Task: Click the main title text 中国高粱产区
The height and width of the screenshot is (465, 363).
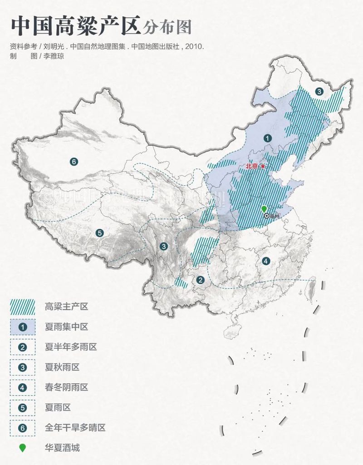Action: click(75, 26)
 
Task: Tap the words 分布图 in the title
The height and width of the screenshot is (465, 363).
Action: click(167, 27)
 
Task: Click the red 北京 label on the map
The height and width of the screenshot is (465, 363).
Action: click(252, 167)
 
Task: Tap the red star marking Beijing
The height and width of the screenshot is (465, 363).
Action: click(263, 167)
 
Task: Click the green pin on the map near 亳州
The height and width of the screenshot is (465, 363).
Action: click(264, 209)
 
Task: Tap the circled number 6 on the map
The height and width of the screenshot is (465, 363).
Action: click(74, 161)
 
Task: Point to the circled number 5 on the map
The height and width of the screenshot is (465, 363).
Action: click(100, 233)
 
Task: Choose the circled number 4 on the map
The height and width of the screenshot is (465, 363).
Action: click(266, 261)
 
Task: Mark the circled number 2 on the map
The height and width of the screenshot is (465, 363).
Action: click(200, 280)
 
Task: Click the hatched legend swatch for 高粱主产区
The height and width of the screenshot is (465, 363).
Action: click(23, 307)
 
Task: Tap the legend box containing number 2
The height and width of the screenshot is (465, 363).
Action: click(23, 347)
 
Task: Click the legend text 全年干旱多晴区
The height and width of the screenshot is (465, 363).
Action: click(75, 428)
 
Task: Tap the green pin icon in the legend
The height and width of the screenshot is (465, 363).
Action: click(23, 448)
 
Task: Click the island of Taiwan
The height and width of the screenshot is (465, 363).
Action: click(311, 291)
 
